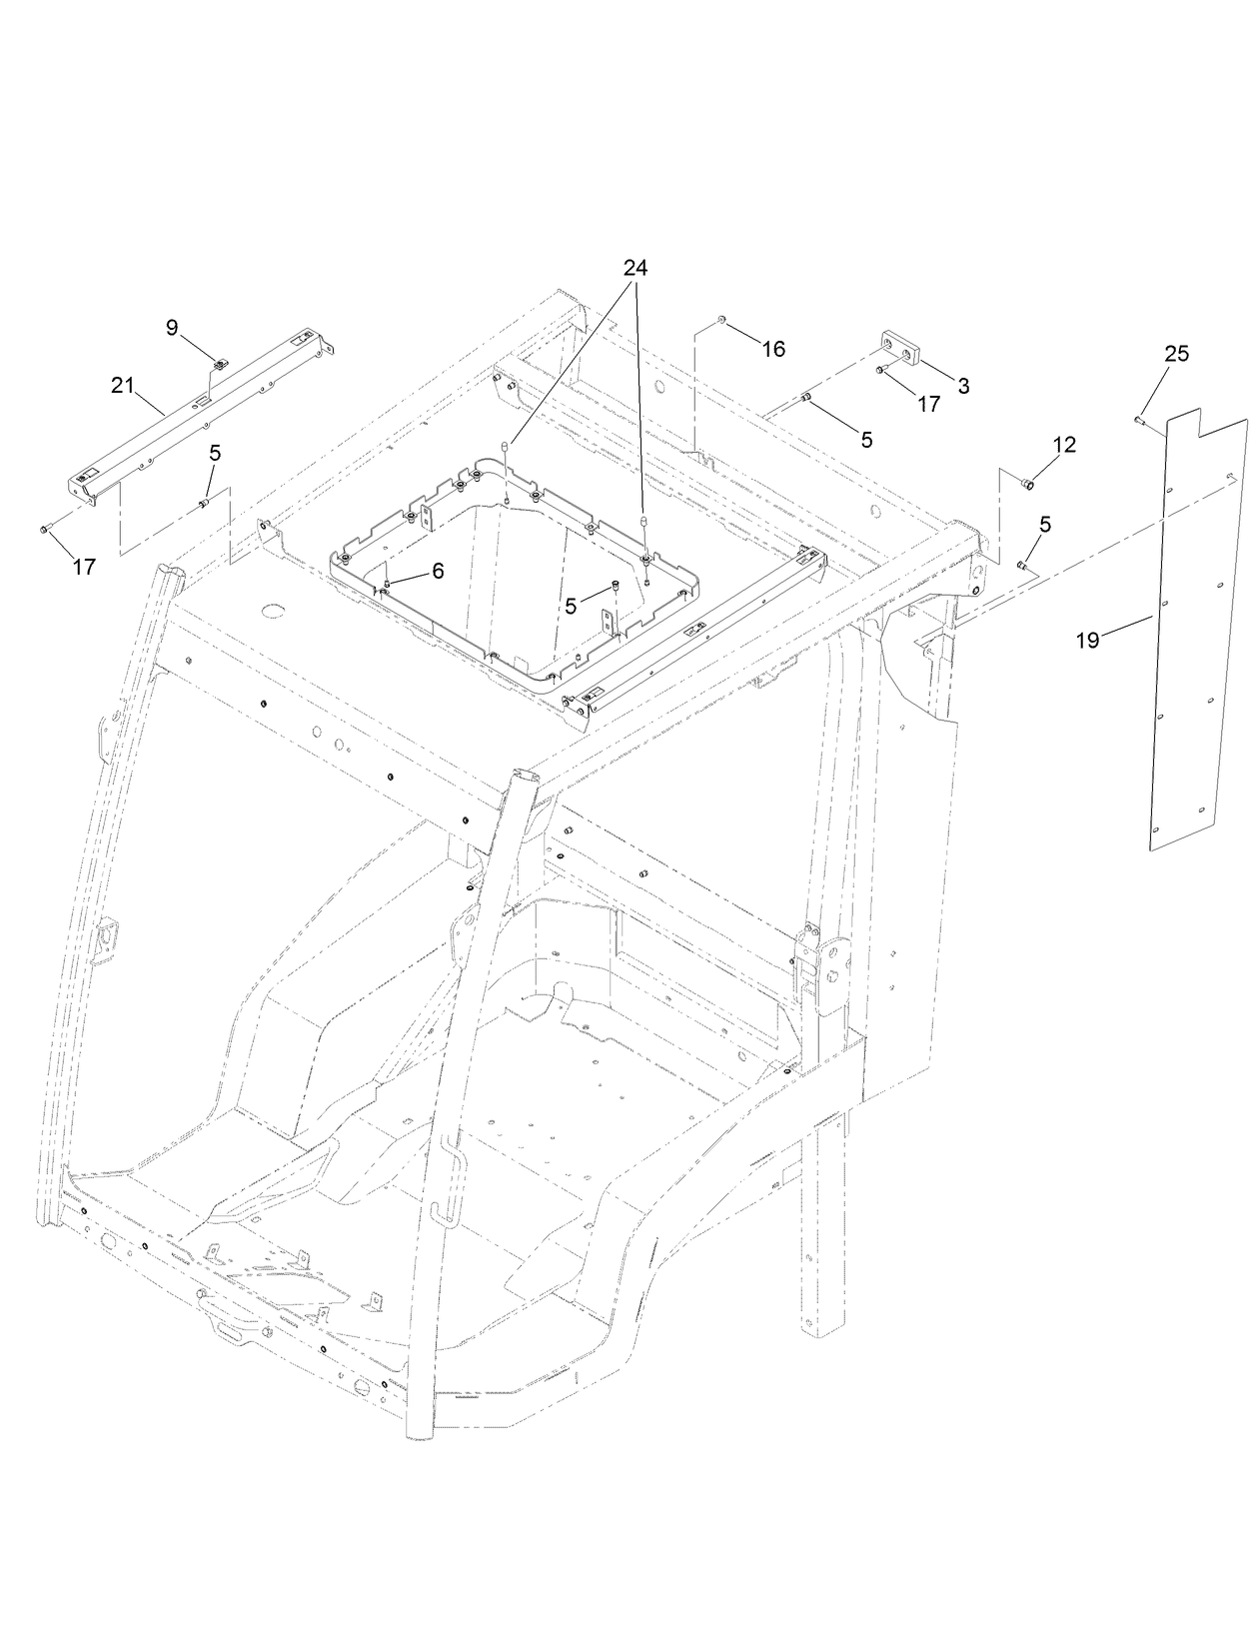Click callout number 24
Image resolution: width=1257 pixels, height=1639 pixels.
click(x=635, y=268)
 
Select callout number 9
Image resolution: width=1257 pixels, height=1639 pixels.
click(x=172, y=327)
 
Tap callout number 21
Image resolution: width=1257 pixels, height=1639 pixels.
click(x=122, y=386)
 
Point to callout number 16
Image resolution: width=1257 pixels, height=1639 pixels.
click(x=773, y=349)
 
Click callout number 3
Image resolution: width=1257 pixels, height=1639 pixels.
click(x=962, y=386)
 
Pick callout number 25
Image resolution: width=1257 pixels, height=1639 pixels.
click(x=1176, y=354)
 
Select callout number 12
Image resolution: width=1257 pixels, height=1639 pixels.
click(x=1064, y=445)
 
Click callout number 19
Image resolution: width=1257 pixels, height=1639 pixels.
click(x=1087, y=641)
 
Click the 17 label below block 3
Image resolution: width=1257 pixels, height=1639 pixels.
click(x=928, y=405)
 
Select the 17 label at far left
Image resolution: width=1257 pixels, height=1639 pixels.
click(x=84, y=567)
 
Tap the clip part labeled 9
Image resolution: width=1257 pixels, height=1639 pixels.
click(x=221, y=361)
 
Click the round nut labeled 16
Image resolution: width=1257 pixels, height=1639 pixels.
click(x=721, y=320)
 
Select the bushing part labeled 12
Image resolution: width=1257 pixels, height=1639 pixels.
click(x=1025, y=484)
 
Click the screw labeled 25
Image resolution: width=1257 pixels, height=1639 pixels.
click(x=1141, y=422)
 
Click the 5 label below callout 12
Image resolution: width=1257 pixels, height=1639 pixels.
click(x=1045, y=523)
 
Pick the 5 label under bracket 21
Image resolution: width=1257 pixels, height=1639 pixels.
click(x=215, y=453)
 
